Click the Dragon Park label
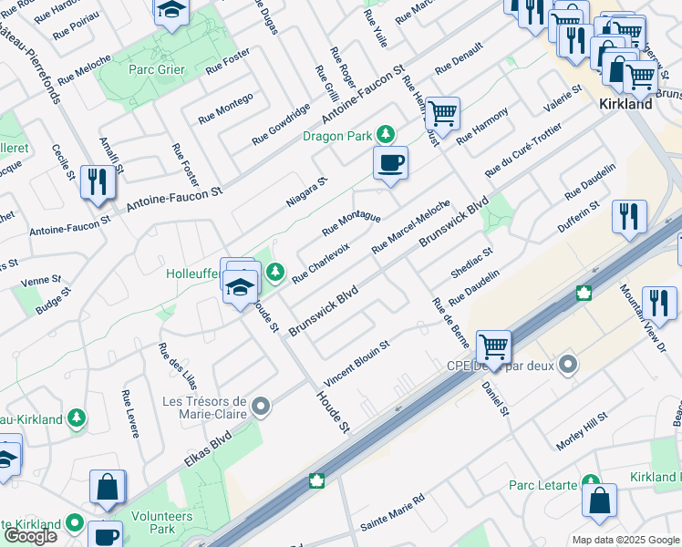pyautogui.click(x=337, y=136)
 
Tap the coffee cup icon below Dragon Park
pyautogui.click(x=390, y=164)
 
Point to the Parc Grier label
pyautogui.click(x=156, y=69)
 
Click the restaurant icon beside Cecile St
pyautogui.click(x=96, y=182)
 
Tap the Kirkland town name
pyautogui.click(x=625, y=104)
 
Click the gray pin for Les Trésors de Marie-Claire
pyautogui.click(x=262, y=405)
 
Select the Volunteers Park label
pyautogui.click(x=161, y=521)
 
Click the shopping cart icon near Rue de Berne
pyautogui.click(x=493, y=347)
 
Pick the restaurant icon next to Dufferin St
pyautogui.click(x=629, y=217)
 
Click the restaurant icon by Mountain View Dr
pyautogui.click(x=658, y=304)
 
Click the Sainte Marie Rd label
pyautogui.click(x=393, y=512)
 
